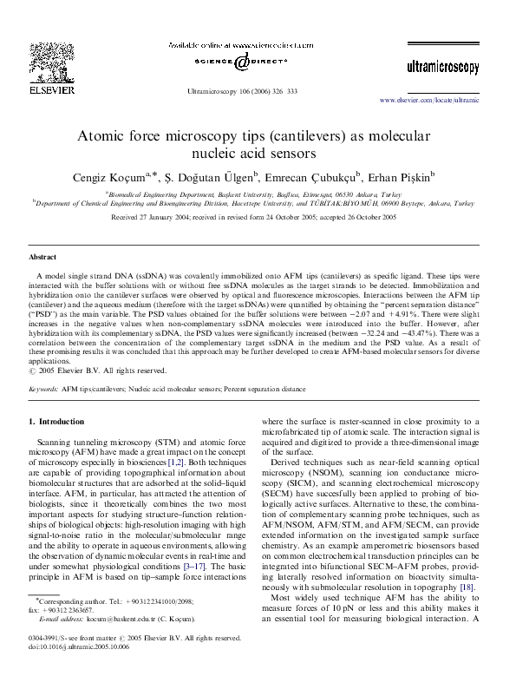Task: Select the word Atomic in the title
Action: point(100,136)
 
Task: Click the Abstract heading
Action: point(42,258)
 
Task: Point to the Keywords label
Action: point(43,390)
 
